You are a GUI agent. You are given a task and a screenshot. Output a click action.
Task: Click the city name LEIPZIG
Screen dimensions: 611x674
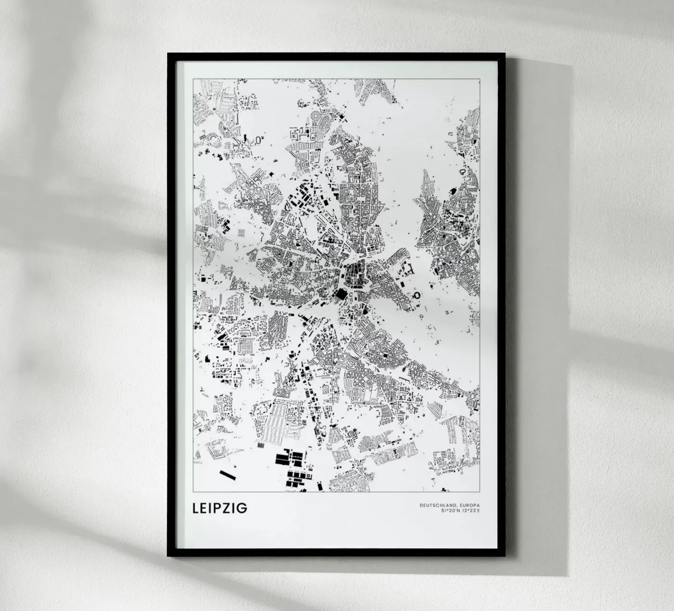click(220, 508)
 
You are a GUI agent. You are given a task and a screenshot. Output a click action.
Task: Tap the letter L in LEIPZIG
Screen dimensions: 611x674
click(195, 508)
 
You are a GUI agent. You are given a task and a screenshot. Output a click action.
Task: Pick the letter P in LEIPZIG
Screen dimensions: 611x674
click(218, 508)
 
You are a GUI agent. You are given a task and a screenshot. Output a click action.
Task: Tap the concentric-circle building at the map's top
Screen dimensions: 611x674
click(317, 116)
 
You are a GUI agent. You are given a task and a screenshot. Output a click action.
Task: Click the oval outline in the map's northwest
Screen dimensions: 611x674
click(259, 140)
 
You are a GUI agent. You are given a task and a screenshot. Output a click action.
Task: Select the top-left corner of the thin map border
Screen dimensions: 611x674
click(193, 78)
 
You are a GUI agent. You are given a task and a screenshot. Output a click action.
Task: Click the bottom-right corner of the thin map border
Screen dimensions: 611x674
click(480, 492)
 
